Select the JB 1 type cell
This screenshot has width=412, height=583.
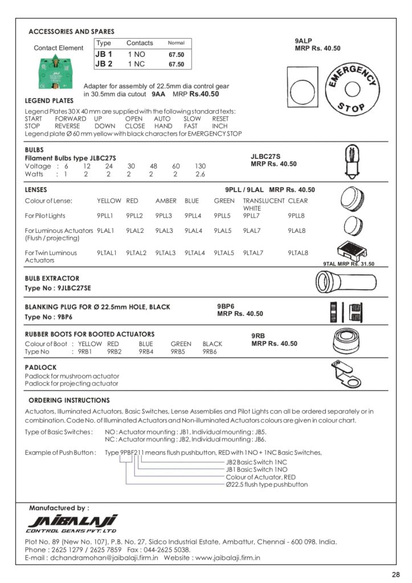[104, 54]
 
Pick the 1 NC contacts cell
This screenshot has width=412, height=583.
[137, 64]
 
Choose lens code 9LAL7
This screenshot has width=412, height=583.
[251, 231]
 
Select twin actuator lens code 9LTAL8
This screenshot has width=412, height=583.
[297, 253]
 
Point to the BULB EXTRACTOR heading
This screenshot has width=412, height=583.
[52, 278]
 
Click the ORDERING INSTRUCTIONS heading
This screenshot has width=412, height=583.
[69, 401]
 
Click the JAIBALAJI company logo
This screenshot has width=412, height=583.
[72, 522]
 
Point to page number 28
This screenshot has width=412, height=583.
[396, 574]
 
